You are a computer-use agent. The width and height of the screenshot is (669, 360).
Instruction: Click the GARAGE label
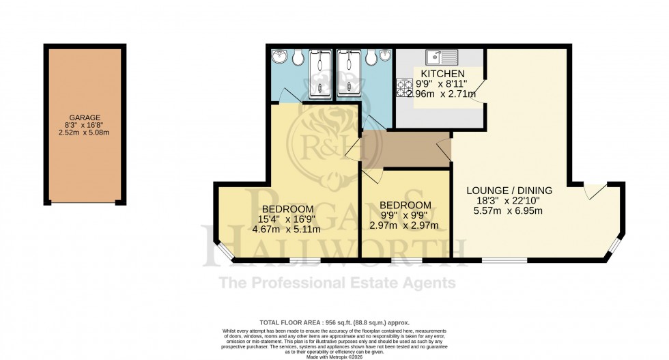pos(85,117)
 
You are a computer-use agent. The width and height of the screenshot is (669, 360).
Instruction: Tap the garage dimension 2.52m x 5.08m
pos(85,133)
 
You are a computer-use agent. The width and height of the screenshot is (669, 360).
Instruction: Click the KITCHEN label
pos(442,74)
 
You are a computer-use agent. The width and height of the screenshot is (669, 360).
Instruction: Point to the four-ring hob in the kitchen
pos(402,88)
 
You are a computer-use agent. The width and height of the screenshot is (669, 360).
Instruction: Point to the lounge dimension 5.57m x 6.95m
pos(509,212)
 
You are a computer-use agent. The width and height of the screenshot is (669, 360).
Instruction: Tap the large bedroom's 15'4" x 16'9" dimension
pos(287,219)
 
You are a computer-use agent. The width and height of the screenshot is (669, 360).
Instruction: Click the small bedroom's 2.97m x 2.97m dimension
pos(405,226)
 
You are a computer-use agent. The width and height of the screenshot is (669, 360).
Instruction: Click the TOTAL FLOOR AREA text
pos(334,322)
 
